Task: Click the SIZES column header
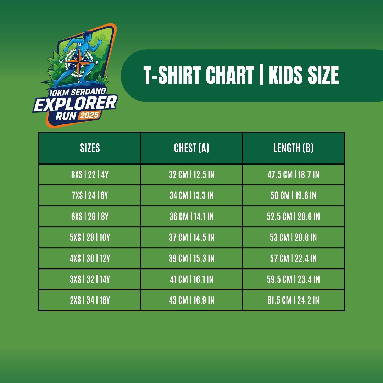click(90, 148)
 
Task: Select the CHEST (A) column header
click(191, 148)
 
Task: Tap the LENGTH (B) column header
click(293, 148)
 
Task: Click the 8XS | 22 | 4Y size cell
click(90, 174)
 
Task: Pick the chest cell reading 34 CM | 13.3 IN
click(191, 195)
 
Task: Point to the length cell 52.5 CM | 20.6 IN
click(293, 216)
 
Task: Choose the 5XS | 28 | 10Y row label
click(90, 237)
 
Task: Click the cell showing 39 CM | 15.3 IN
click(191, 258)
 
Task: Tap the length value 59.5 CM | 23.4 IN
click(293, 279)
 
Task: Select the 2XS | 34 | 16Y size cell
click(90, 300)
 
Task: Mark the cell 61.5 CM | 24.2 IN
click(293, 300)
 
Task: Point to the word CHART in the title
click(229, 75)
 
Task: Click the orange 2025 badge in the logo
click(89, 115)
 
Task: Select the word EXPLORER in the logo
click(75, 104)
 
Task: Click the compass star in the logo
click(79, 62)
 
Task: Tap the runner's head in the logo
click(87, 36)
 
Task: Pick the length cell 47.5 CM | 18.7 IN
click(293, 174)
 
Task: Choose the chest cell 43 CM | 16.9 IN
click(191, 300)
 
